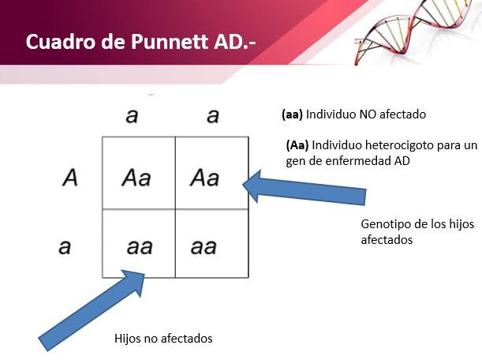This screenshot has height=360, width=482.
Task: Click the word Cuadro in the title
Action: point(60,42)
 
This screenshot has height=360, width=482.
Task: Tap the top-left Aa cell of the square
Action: point(139,173)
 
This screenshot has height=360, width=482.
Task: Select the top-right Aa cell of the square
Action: point(211,173)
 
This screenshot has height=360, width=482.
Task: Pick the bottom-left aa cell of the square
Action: point(139,244)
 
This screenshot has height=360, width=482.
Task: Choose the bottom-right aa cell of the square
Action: point(211,244)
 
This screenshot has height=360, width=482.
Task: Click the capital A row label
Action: point(69,178)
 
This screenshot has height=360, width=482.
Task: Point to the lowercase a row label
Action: point(65,247)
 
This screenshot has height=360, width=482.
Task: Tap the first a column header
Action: point(132,116)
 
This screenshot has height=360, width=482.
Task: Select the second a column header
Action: point(213,116)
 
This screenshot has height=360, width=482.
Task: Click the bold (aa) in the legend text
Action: point(292,114)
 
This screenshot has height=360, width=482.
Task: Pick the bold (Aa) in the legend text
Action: point(297,145)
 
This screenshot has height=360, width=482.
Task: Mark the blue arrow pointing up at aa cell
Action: point(92,310)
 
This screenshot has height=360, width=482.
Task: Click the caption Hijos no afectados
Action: point(163,339)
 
